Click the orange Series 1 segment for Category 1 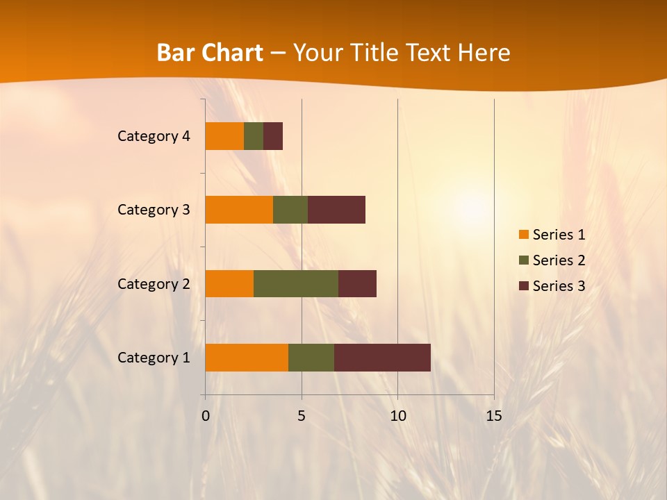pyautogui.click(x=247, y=357)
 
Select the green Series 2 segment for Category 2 pyautogui.click(x=296, y=283)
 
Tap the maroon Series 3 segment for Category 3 pyautogui.click(x=336, y=210)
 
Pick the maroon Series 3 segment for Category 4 pyautogui.click(x=273, y=136)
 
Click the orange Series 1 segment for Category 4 pyautogui.click(x=224, y=136)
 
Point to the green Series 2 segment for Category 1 pyautogui.click(x=311, y=357)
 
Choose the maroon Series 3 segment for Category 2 pyautogui.click(x=357, y=283)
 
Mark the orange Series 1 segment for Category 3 pyautogui.click(x=239, y=210)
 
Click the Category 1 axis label pyautogui.click(x=154, y=358)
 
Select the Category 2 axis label pyautogui.click(x=154, y=284)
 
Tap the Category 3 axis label pyautogui.click(x=154, y=210)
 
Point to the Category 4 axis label pyautogui.click(x=154, y=136)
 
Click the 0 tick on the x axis pyautogui.click(x=206, y=416)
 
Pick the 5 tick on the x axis pyautogui.click(x=302, y=416)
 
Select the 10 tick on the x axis pyautogui.click(x=397, y=416)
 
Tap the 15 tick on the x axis pyautogui.click(x=493, y=416)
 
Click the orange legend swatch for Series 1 pyautogui.click(x=524, y=235)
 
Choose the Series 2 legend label pyautogui.click(x=559, y=260)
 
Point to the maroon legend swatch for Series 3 pyautogui.click(x=524, y=286)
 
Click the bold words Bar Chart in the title pyautogui.click(x=209, y=53)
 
